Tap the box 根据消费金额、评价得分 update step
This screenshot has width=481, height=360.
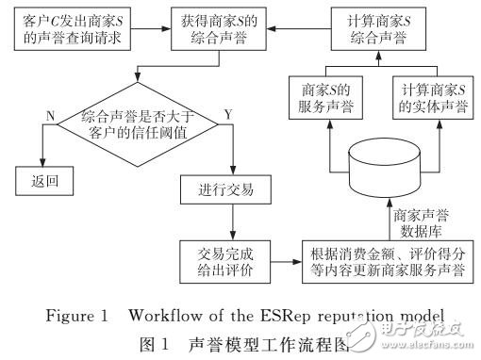point(388,260)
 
